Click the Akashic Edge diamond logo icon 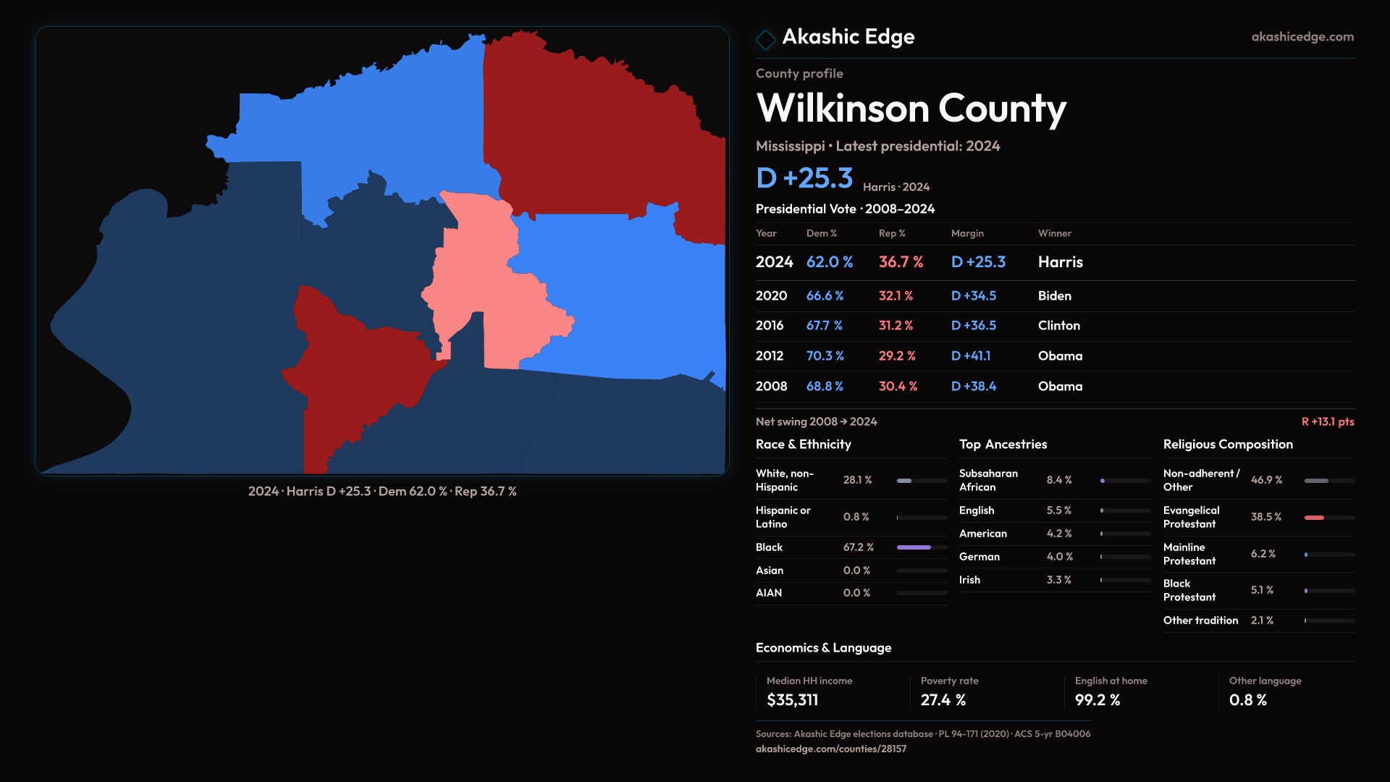(x=765, y=39)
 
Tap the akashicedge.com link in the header (x=1302, y=37)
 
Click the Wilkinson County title (x=911, y=109)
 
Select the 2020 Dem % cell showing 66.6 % (x=825, y=296)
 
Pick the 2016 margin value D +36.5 (x=973, y=326)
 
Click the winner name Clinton (x=1058, y=326)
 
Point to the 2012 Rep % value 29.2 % (x=897, y=356)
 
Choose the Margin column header (x=967, y=233)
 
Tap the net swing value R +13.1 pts (x=1327, y=421)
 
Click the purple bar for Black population (x=914, y=547)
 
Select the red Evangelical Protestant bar (x=1314, y=518)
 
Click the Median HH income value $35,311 (x=792, y=700)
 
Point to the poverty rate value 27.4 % (x=943, y=700)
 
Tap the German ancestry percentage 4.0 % (x=1059, y=557)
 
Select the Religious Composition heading (x=1228, y=445)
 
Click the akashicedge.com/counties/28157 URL (x=830, y=749)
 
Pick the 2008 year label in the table (x=771, y=387)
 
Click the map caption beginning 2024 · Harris (x=382, y=491)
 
